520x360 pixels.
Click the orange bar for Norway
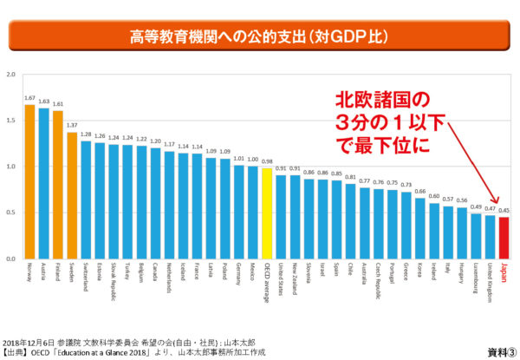[x=30, y=181]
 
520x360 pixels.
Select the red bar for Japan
[x=504, y=238]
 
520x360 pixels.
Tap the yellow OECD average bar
[x=267, y=213]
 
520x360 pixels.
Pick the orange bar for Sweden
[x=72, y=195]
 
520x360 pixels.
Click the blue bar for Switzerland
[x=86, y=200]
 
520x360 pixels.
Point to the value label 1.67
[x=30, y=99]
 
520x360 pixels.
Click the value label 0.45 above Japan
[x=504, y=210]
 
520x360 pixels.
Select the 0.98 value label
[x=267, y=161]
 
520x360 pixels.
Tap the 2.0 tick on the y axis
[x=11, y=75]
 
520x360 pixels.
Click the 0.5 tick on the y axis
[x=11, y=213]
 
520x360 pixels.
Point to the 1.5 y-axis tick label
[x=11, y=121]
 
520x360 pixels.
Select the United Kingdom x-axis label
[x=491, y=283]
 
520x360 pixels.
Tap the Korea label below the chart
[x=420, y=272]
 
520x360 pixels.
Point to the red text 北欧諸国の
[x=383, y=97]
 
